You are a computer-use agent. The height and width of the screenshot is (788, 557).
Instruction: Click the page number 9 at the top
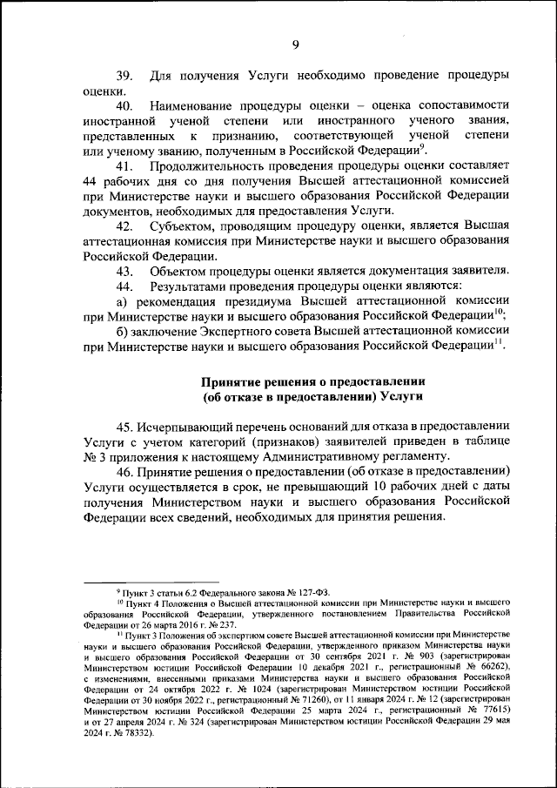[x=296, y=45]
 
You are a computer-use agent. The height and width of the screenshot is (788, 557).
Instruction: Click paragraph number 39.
[x=124, y=76]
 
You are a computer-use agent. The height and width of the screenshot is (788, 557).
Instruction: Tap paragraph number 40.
[x=124, y=106]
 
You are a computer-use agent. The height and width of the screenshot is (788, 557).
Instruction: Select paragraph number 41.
[x=124, y=165]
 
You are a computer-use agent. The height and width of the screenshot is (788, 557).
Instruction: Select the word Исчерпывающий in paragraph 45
[x=191, y=426]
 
